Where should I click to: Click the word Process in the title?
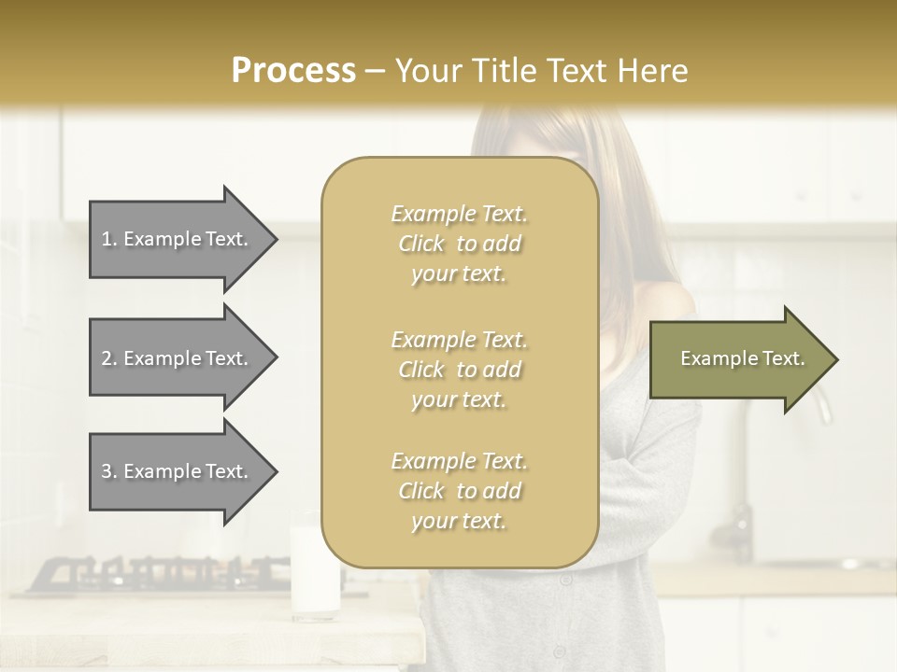[293, 71]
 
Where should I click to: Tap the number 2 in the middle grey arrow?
[107, 358]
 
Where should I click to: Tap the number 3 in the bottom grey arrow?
[107, 471]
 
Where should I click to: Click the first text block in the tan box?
[459, 244]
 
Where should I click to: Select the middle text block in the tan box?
[459, 369]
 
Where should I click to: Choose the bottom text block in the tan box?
[459, 491]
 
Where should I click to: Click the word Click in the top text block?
[421, 244]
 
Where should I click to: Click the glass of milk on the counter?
[314, 570]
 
